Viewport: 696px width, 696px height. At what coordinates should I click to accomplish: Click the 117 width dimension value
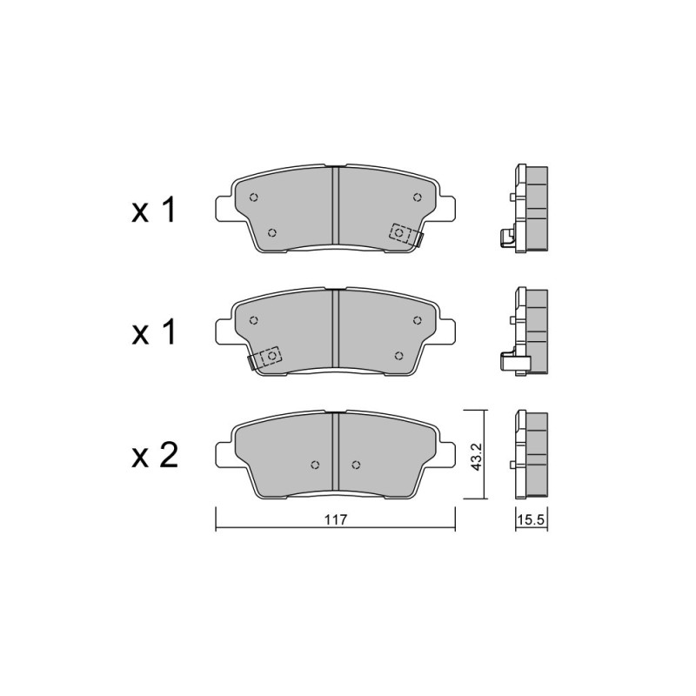335,519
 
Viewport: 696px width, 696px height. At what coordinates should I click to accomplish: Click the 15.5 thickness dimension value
532,519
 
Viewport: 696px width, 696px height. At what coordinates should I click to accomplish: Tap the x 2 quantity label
155,455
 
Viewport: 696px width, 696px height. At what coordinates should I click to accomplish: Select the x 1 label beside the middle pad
154,332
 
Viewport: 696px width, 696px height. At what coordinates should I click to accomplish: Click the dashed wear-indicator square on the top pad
399,232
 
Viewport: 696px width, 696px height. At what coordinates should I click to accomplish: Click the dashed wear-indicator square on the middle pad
271,356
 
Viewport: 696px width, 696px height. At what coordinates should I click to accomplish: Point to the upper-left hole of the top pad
254,197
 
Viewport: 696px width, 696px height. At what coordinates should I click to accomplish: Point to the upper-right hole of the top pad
417,197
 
